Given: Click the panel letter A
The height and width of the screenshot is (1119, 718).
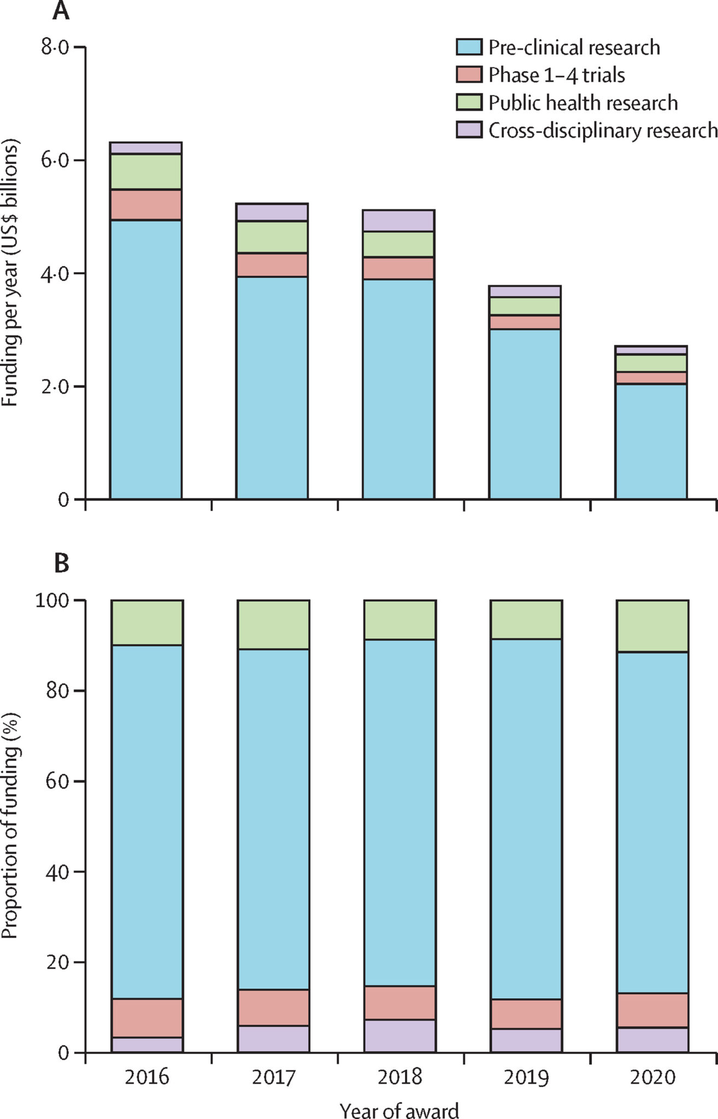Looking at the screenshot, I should pyautogui.click(x=61, y=11).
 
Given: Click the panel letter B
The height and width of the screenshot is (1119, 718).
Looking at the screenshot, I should pyautogui.click(x=62, y=563).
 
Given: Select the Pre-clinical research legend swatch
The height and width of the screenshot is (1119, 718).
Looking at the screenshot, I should pyautogui.click(x=469, y=47).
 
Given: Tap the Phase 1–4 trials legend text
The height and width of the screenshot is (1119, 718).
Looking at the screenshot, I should pyautogui.click(x=556, y=75).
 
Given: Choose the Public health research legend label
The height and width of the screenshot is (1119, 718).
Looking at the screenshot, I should pyautogui.click(x=582, y=103).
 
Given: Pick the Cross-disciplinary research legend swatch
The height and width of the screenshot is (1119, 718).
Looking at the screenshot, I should pyautogui.click(x=469, y=130).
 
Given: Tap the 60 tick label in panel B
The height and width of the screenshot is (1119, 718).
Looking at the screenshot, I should pyautogui.click(x=58, y=781).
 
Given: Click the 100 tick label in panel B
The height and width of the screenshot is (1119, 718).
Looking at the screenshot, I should pyautogui.click(x=53, y=600).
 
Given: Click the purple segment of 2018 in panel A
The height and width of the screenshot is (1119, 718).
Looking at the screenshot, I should pyautogui.click(x=399, y=221).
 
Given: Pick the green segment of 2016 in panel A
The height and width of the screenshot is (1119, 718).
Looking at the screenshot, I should pyautogui.click(x=146, y=172).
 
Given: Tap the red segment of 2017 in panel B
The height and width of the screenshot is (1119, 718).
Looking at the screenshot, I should pyautogui.click(x=273, y=1006).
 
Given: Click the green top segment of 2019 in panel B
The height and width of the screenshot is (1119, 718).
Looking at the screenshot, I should pyautogui.click(x=526, y=620).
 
